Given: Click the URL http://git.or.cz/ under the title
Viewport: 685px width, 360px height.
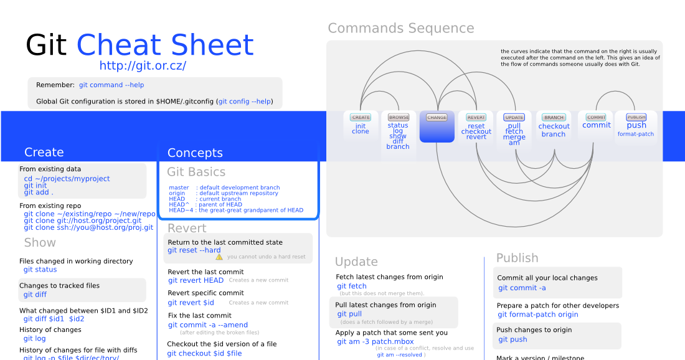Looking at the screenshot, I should point(143,65).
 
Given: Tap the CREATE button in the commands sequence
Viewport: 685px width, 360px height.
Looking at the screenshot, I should point(361,117).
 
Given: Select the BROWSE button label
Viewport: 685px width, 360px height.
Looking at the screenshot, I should point(399,117).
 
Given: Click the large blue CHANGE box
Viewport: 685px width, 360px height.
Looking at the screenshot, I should point(437,127).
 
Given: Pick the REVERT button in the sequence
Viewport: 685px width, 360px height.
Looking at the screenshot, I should point(476,117).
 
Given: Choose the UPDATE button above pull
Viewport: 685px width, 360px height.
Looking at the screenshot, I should point(514,117).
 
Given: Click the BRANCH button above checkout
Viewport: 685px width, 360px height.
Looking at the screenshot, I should point(554,117).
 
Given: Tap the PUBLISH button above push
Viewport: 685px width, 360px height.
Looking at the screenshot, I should point(636,117).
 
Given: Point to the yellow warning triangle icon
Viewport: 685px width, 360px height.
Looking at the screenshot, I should point(219,257).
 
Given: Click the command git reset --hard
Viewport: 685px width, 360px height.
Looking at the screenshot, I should point(194,250).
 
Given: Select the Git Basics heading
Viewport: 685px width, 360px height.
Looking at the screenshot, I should point(196,172).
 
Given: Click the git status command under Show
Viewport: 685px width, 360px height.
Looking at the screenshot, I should point(40,270).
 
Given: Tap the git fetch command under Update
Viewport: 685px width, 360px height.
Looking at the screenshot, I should point(352,287).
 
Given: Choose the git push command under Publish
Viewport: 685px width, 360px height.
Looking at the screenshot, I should point(513,339).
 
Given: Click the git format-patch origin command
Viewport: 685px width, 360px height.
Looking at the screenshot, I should point(538,315).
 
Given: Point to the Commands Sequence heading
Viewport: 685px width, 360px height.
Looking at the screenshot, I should point(401,28).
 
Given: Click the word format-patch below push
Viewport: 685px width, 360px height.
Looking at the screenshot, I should point(636,134).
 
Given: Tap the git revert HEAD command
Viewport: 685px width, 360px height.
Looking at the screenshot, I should point(196,280).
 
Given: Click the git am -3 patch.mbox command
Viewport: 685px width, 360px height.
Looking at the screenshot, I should point(376,341).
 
